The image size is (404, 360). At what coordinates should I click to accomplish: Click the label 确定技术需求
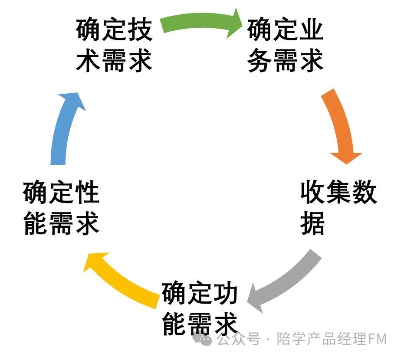point(115,46)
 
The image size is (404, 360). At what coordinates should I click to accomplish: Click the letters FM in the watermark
point(377,339)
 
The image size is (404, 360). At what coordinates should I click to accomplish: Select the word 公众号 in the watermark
point(238,339)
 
